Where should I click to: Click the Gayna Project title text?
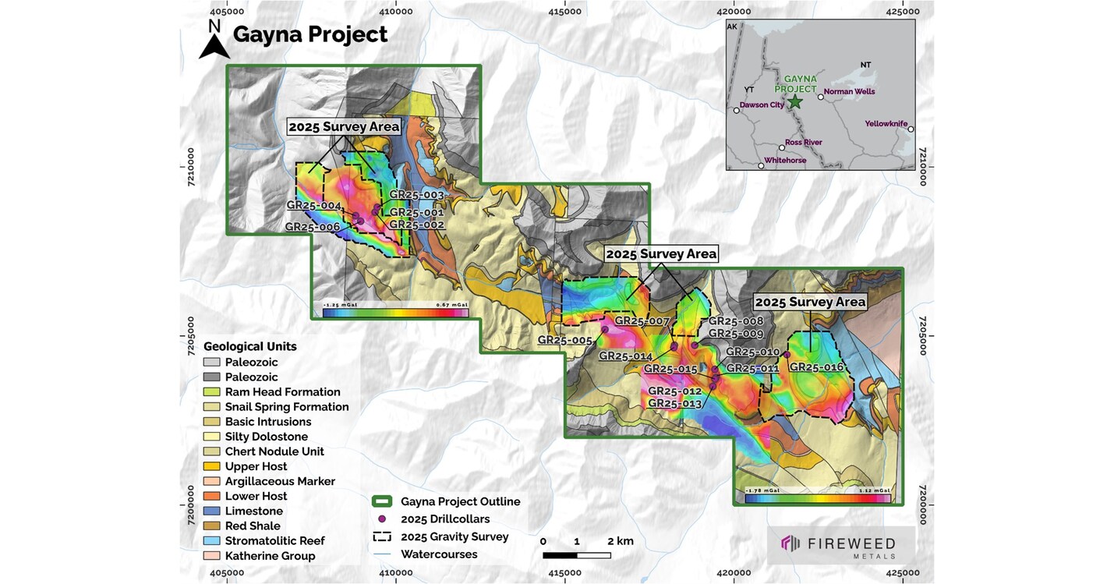click(309, 34)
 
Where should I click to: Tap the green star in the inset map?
click(794, 102)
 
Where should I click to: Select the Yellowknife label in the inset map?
click(886, 124)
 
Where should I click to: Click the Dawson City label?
click(762, 105)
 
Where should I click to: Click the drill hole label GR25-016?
click(816, 367)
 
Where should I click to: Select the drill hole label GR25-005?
click(564, 340)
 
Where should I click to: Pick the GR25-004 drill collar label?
click(313, 205)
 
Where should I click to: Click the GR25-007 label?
click(642, 320)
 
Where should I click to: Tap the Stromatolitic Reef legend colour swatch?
click(211, 541)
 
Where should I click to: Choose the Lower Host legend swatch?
click(211, 497)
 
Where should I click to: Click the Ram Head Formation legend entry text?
click(282, 392)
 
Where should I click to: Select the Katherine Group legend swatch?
click(211, 556)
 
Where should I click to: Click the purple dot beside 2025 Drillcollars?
click(382, 519)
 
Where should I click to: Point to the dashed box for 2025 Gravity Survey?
click(382, 536)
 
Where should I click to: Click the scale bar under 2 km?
click(576, 555)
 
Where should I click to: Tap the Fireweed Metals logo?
click(840, 544)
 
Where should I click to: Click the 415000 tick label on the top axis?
click(564, 11)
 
